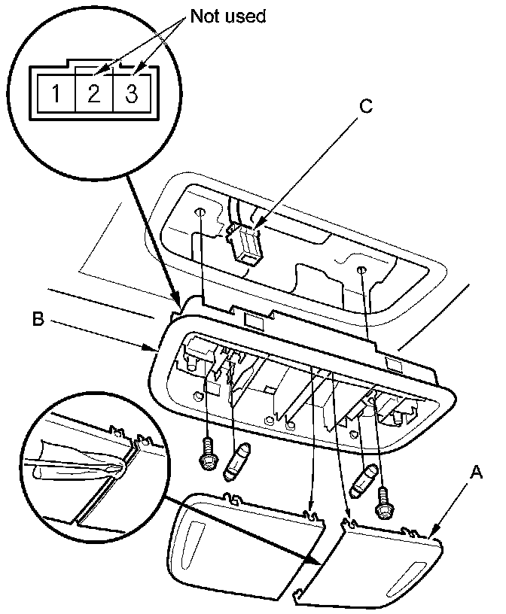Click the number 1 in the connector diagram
tap(56, 95)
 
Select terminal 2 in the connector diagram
tap(94, 95)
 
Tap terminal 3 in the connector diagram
tap(130, 95)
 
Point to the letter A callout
tap(476, 472)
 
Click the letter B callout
tap(38, 318)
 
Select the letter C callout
tap(366, 107)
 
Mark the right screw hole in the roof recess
tap(362, 269)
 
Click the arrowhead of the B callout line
tap(154, 348)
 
